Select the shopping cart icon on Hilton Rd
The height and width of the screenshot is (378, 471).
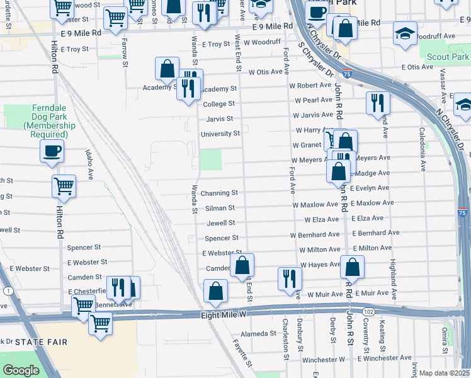click(x=64, y=186)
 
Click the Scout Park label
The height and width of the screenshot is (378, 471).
click(x=447, y=57)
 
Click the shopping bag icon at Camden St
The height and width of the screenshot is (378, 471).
click(x=242, y=265)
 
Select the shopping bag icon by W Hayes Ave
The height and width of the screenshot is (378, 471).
click(x=352, y=267)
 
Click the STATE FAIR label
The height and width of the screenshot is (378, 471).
click(x=36, y=342)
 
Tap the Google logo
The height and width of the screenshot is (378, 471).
click(x=21, y=370)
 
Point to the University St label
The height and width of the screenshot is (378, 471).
click(x=220, y=134)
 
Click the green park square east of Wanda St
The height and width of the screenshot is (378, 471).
click(x=211, y=159)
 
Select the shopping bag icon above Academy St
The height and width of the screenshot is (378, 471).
click(x=167, y=69)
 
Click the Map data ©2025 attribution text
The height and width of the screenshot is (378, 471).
click(x=444, y=373)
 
